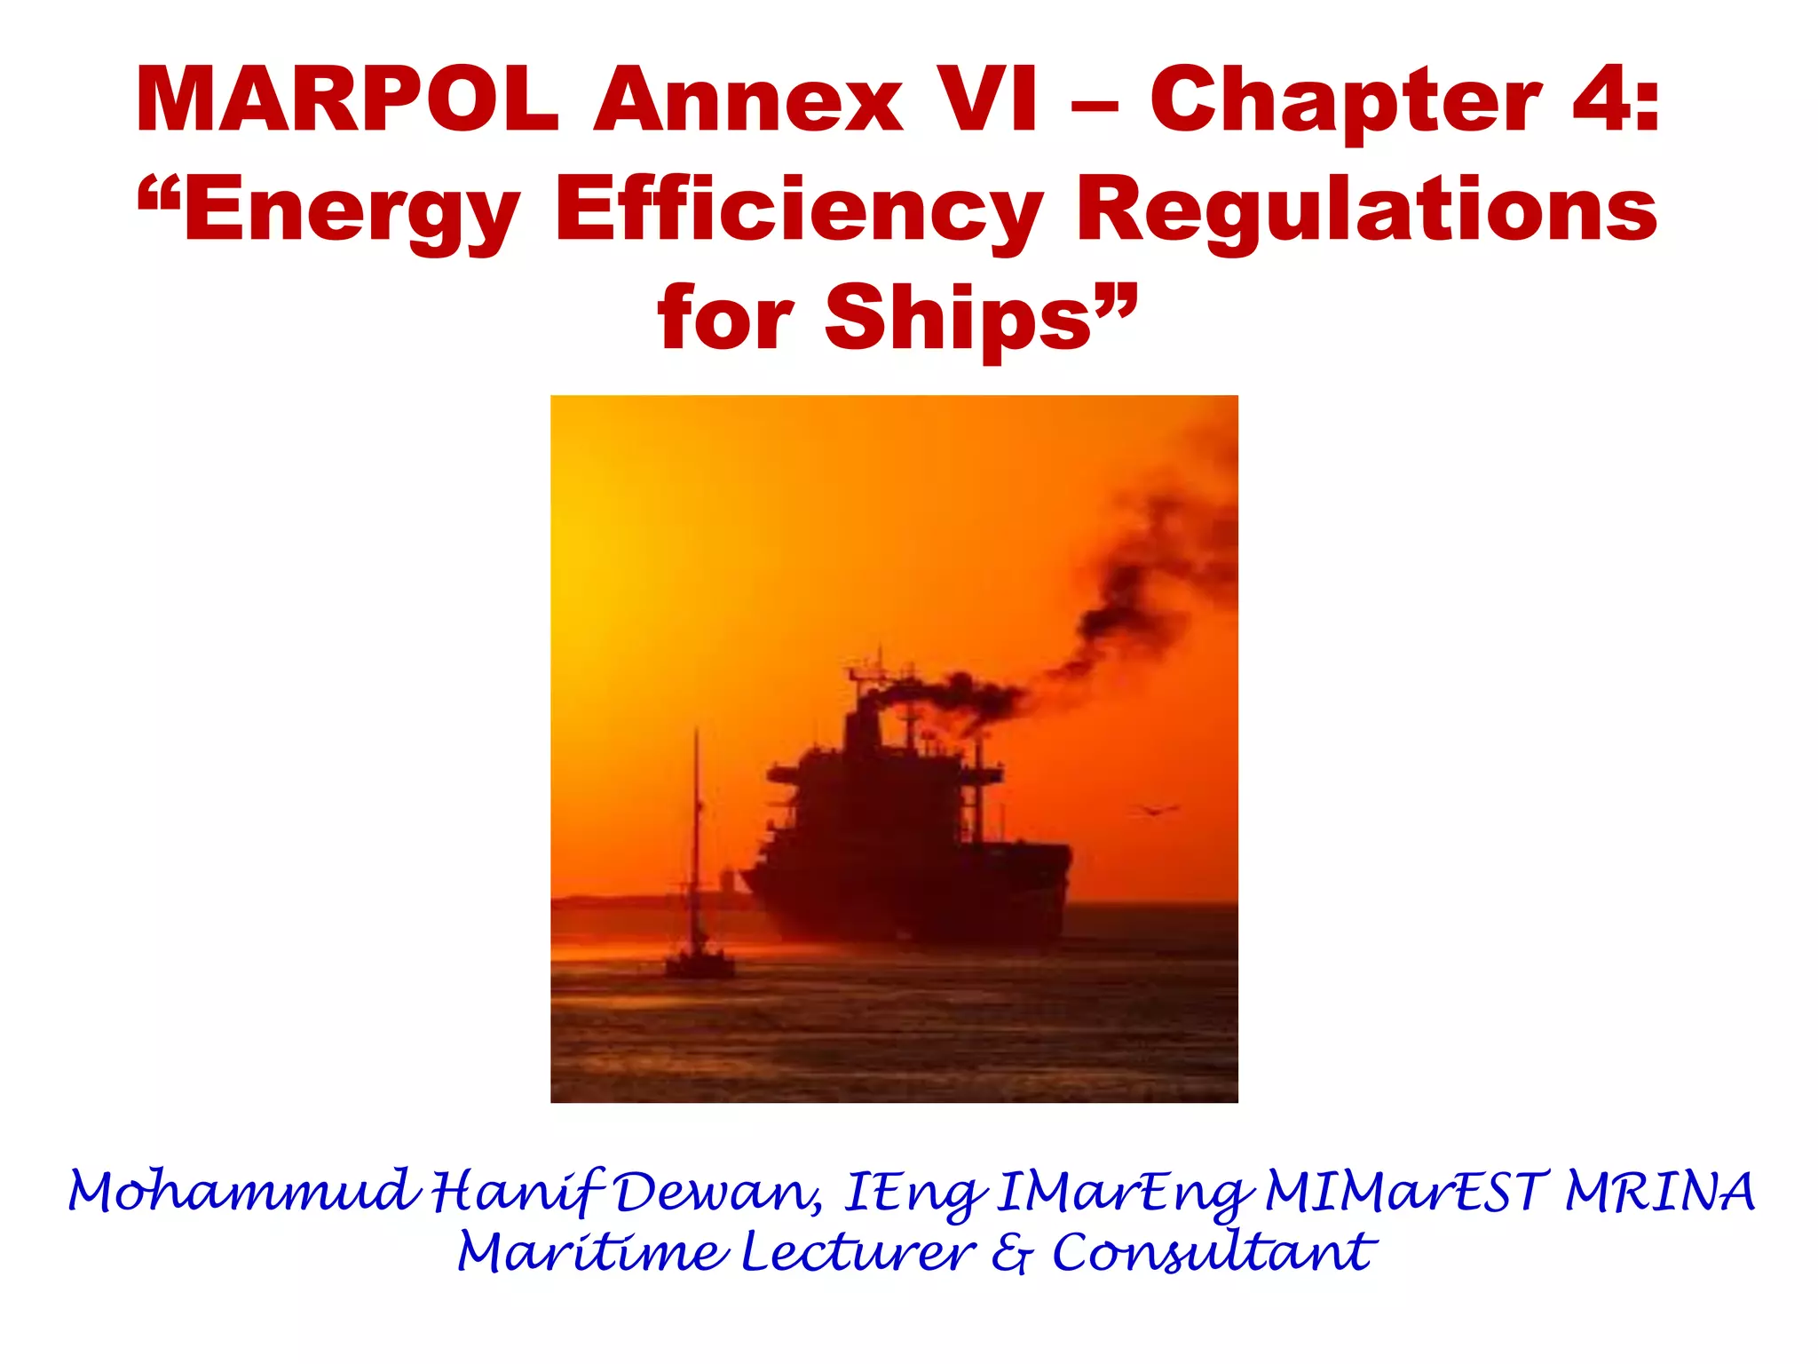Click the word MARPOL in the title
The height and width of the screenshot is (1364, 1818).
pos(346,99)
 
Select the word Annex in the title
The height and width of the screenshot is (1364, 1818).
pos(748,99)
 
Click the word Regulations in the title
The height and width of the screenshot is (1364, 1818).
pos(1365,208)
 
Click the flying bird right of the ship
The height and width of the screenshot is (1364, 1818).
pos(1154,809)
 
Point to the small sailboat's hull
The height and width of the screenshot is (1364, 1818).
pos(700,965)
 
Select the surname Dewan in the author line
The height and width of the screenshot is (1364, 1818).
pos(715,1192)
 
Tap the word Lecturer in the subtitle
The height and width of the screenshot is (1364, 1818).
pos(858,1252)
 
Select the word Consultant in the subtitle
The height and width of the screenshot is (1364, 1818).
pos(1213,1252)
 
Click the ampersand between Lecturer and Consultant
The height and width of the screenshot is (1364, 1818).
pos(1012,1254)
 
